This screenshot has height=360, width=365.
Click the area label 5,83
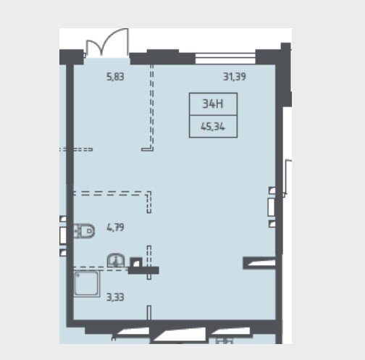pyautogui.click(x=115, y=77)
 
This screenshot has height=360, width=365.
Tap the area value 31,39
pyautogui.click(x=235, y=77)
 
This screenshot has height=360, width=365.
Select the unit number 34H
pyautogui.click(x=213, y=104)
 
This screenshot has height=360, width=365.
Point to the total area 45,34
pyautogui.click(x=213, y=127)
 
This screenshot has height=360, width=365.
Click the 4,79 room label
pyautogui.click(x=115, y=227)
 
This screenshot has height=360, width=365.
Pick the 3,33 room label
pyautogui.click(x=115, y=297)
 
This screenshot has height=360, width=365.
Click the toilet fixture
pyautogui.click(x=84, y=231)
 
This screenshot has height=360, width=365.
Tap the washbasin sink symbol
pyautogui.click(x=116, y=260)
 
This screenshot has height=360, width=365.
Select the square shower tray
pyautogui.click(x=87, y=283)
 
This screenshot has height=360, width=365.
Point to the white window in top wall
pyautogui.click(x=225, y=58)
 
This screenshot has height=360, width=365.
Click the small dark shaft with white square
pyautogui.click(x=136, y=262)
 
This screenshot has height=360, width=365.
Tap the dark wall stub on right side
pyautogui.click(x=259, y=263)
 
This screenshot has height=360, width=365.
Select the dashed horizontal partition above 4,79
pyautogui.click(x=110, y=193)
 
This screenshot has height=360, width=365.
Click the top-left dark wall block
pyautogui.click(x=72, y=57)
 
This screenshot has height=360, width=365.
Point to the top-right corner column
pyautogui.click(x=286, y=75)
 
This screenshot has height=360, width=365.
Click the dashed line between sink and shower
pyautogui.click(x=101, y=269)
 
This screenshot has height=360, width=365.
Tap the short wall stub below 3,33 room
pyautogui.click(x=149, y=313)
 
